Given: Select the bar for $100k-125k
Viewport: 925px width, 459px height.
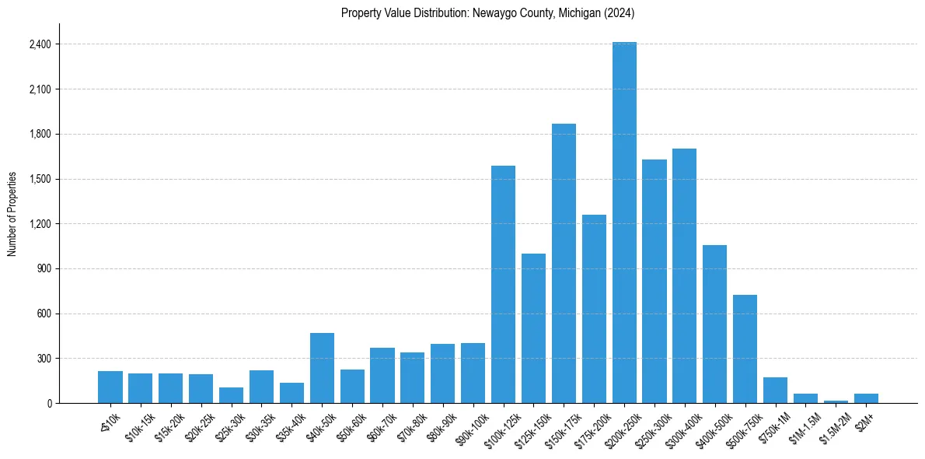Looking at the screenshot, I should pyautogui.click(x=503, y=284).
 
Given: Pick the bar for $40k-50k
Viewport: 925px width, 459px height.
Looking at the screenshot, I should pyautogui.click(x=322, y=368).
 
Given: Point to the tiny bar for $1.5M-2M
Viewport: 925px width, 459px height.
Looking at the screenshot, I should pyautogui.click(x=836, y=401).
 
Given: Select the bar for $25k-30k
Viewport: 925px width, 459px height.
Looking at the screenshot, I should pyautogui.click(x=231, y=395).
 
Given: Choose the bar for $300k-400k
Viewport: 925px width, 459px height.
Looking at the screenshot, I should pyautogui.click(x=684, y=275).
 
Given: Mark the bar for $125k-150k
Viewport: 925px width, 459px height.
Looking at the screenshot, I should pyautogui.click(x=533, y=328).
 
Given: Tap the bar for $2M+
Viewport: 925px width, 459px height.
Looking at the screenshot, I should pyautogui.click(x=866, y=398).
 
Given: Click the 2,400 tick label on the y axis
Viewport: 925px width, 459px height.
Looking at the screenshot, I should pyautogui.click(x=40, y=44).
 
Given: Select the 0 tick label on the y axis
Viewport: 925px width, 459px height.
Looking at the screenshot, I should pyautogui.click(x=49, y=403).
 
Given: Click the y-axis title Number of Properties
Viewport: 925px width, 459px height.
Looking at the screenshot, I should pyautogui.click(x=12, y=214).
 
